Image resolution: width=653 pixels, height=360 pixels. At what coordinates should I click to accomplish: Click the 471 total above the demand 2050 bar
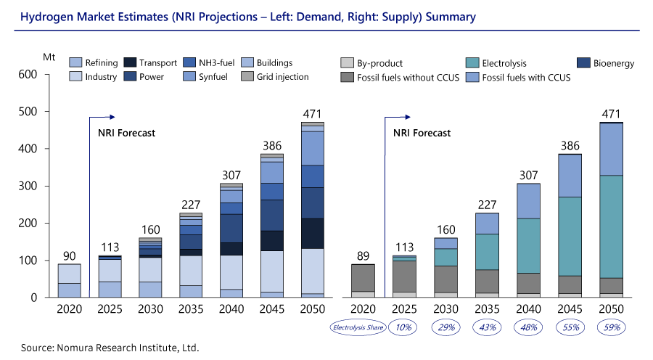(313, 113)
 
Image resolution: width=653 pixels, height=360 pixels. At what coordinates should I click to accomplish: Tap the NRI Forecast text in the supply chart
(422, 133)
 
